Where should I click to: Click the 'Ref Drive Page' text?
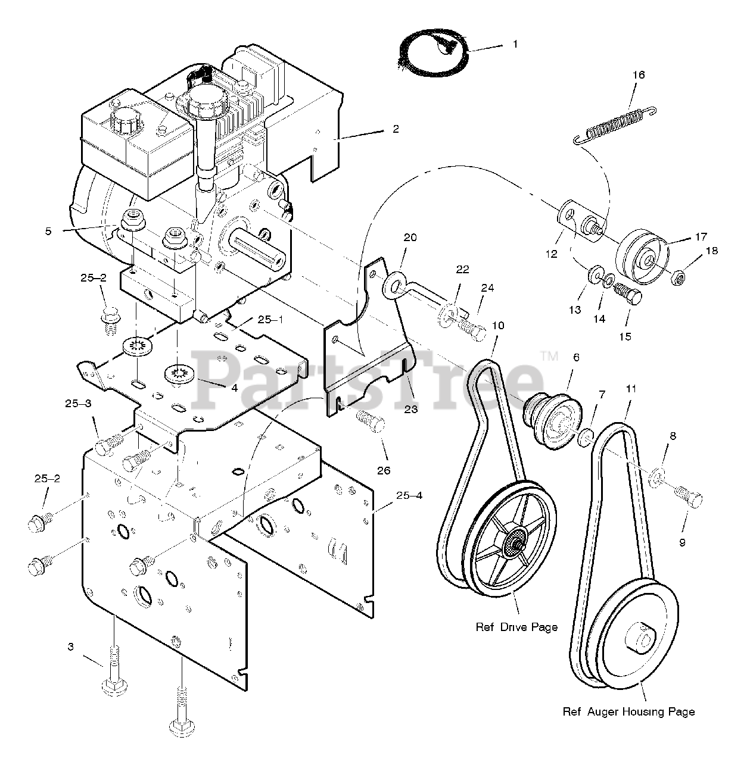click(516, 627)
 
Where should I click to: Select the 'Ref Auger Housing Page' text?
click(628, 711)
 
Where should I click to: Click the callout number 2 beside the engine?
click(396, 129)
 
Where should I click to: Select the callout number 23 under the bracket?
click(410, 409)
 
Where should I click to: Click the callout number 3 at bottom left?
click(71, 647)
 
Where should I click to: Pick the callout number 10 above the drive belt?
click(498, 326)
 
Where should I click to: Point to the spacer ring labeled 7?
click(586, 439)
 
